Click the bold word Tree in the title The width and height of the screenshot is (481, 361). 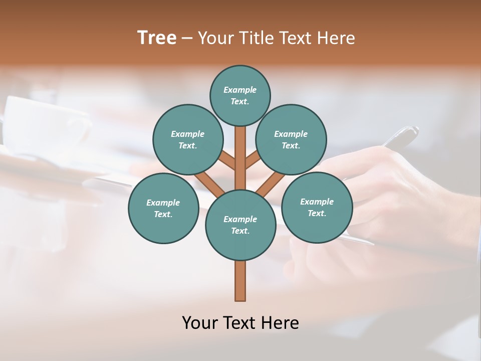[x=157, y=38]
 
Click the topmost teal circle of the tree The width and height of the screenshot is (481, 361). [x=240, y=95]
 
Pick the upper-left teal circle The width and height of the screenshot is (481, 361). [x=187, y=139]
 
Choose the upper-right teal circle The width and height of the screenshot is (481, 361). [x=291, y=139]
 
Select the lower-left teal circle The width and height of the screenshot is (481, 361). [x=163, y=208]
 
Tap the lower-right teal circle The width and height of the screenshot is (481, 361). [x=317, y=207]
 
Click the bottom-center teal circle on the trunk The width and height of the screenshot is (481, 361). [x=241, y=225]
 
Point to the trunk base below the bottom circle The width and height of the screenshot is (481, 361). [x=241, y=281]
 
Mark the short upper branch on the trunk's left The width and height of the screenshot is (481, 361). [x=228, y=161]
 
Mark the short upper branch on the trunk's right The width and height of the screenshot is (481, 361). [x=253, y=161]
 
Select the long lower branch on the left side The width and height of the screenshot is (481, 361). [x=209, y=183]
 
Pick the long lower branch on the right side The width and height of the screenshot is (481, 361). [x=271, y=184]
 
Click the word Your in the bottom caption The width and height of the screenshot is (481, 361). [x=199, y=322]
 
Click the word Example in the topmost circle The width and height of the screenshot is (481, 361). [x=240, y=90]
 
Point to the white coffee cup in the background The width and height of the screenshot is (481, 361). [x=45, y=125]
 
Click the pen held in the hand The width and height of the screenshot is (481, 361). [x=401, y=136]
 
